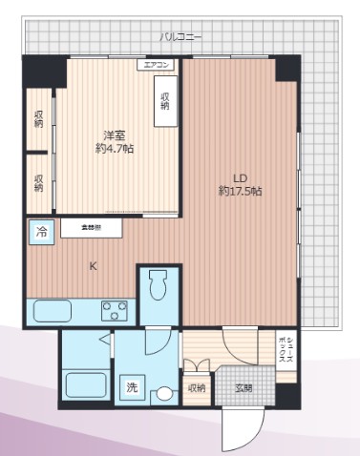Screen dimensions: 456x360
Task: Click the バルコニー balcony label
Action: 180,36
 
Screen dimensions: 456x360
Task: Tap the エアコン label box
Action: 158,65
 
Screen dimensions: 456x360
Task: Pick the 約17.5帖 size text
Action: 240,191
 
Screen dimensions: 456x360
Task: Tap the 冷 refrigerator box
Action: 42,231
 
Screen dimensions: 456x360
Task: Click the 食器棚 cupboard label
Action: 93,229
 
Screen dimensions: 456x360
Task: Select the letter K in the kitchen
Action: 93,266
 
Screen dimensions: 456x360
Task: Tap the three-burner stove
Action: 116,311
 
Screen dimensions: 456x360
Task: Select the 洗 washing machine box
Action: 133,387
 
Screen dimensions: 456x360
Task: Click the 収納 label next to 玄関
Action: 196,388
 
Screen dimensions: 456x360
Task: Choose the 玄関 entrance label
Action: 245,388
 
